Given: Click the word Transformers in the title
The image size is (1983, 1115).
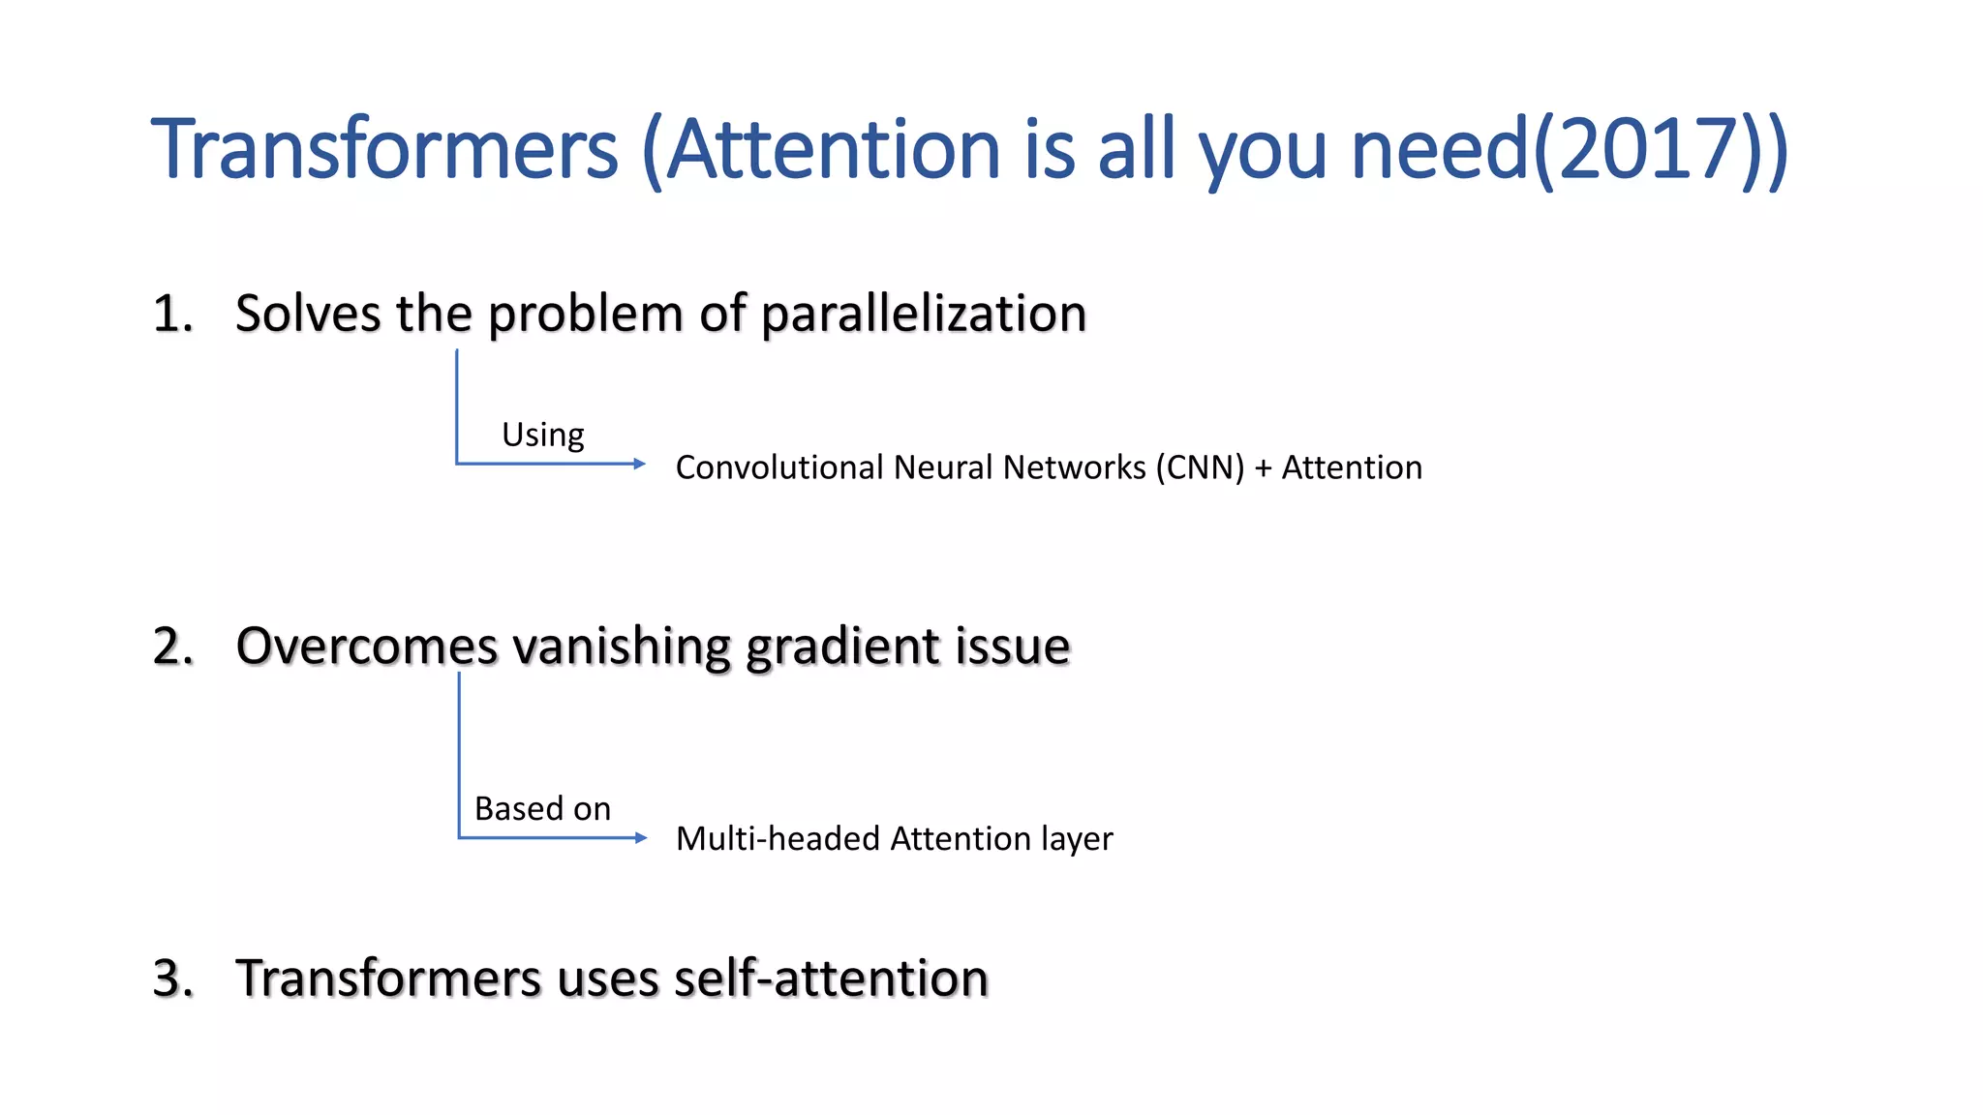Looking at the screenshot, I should point(384,150).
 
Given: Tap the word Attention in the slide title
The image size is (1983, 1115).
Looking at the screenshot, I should point(834,150).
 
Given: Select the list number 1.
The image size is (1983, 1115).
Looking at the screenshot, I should point(172,315).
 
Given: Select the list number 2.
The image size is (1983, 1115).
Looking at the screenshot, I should point(173,647).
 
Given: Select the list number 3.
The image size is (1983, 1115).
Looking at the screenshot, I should point(173,979).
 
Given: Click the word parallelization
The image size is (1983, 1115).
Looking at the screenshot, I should point(924,315).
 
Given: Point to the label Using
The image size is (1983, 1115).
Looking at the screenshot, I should point(542,435).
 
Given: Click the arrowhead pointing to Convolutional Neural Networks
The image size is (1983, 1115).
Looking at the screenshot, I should point(639,464).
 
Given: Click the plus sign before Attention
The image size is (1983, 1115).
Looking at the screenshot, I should point(1263,468).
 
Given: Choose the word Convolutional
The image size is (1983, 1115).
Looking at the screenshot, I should point(778,467).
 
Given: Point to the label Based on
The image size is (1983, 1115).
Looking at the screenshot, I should point(542,808).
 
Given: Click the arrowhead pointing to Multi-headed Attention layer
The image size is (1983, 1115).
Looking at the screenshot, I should point(640,837).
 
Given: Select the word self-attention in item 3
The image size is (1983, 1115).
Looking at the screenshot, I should point(831,979).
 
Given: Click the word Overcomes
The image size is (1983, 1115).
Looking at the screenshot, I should point(366,647).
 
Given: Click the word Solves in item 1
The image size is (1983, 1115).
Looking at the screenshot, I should point(308,315).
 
